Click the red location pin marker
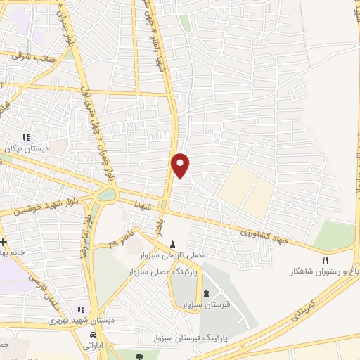181,164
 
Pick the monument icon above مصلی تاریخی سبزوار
172,243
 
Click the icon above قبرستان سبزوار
205,293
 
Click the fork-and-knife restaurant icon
325,259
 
